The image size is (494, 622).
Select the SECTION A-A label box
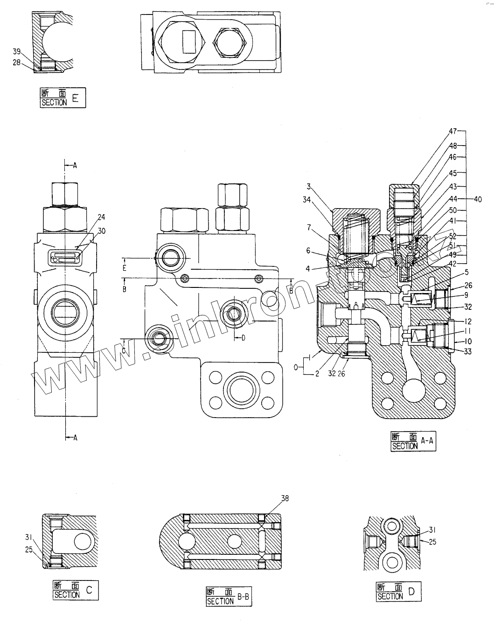coord(413,441)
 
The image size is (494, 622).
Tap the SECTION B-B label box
coord(229,597)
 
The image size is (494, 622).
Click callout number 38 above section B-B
coord(285,498)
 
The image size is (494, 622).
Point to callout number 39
coord(17,51)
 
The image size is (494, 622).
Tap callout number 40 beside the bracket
coord(477,199)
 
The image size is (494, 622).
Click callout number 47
coord(452,132)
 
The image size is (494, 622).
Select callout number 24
coord(102,217)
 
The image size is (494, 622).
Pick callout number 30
coord(102,231)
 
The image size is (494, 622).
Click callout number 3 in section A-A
coord(308,187)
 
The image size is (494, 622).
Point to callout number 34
coord(306,200)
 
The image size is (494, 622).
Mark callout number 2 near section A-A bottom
coord(317,373)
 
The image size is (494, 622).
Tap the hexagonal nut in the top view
coord(229,42)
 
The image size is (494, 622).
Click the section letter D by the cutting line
coord(243,338)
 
